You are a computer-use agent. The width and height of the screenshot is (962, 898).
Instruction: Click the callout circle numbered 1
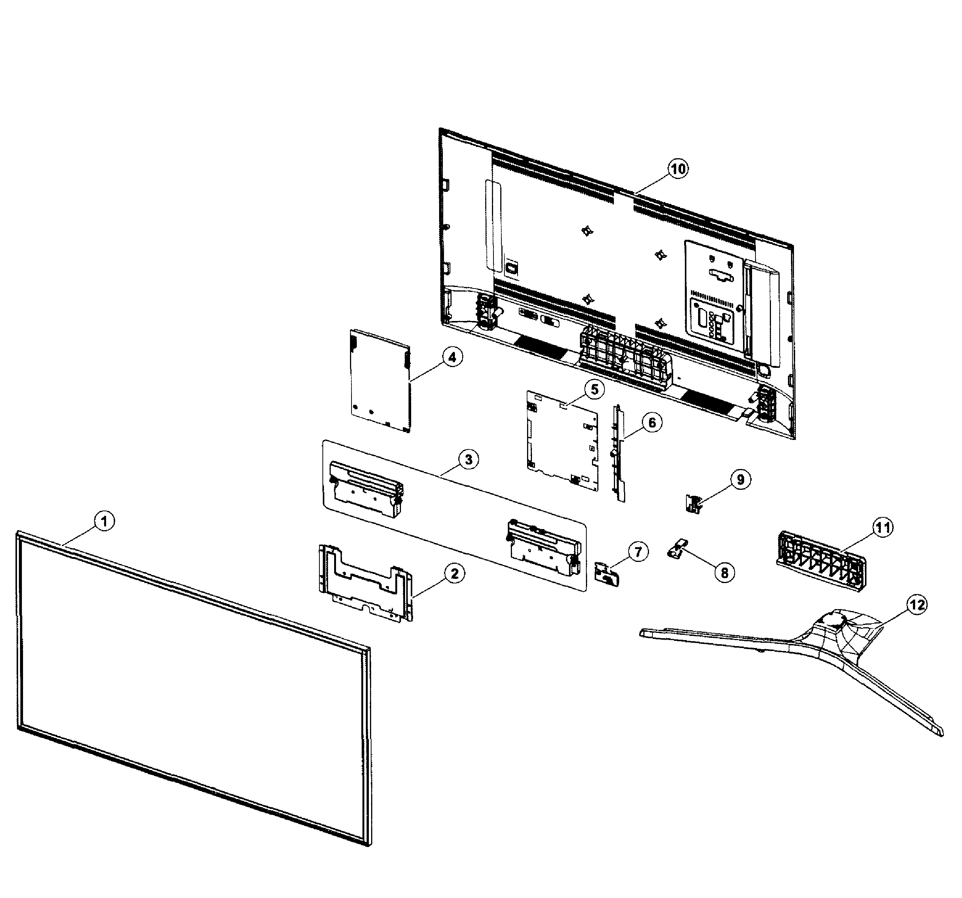click(104, 522)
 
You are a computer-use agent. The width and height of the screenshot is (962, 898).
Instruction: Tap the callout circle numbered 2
click(455, 574)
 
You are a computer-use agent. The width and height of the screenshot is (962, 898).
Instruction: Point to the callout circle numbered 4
click(452, 358)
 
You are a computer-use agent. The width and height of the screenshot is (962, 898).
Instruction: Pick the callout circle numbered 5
click(594, 389)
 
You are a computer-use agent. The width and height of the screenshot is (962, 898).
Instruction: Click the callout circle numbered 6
click(652, 423)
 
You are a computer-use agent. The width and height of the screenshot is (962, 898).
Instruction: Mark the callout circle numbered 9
click(740, 479)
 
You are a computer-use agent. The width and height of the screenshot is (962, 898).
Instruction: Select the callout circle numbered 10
click(678, 169)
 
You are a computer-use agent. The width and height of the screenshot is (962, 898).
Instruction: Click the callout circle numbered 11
click(883, 527)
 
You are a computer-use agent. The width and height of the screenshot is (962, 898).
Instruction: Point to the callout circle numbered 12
click(917, 605)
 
